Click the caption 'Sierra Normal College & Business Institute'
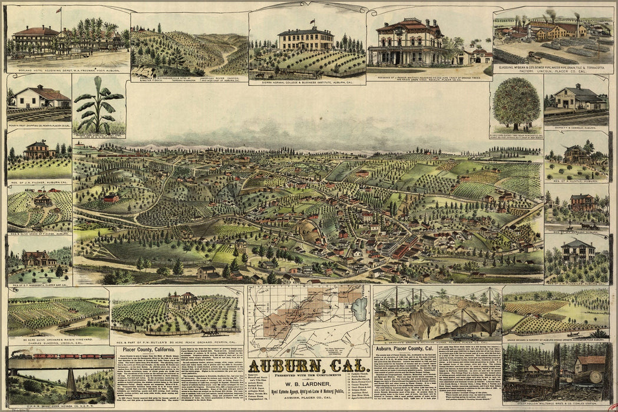[306, 82]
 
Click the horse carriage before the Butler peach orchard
[210, 332]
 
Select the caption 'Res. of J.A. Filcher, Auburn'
[39, 182]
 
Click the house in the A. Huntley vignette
[576, 154]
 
